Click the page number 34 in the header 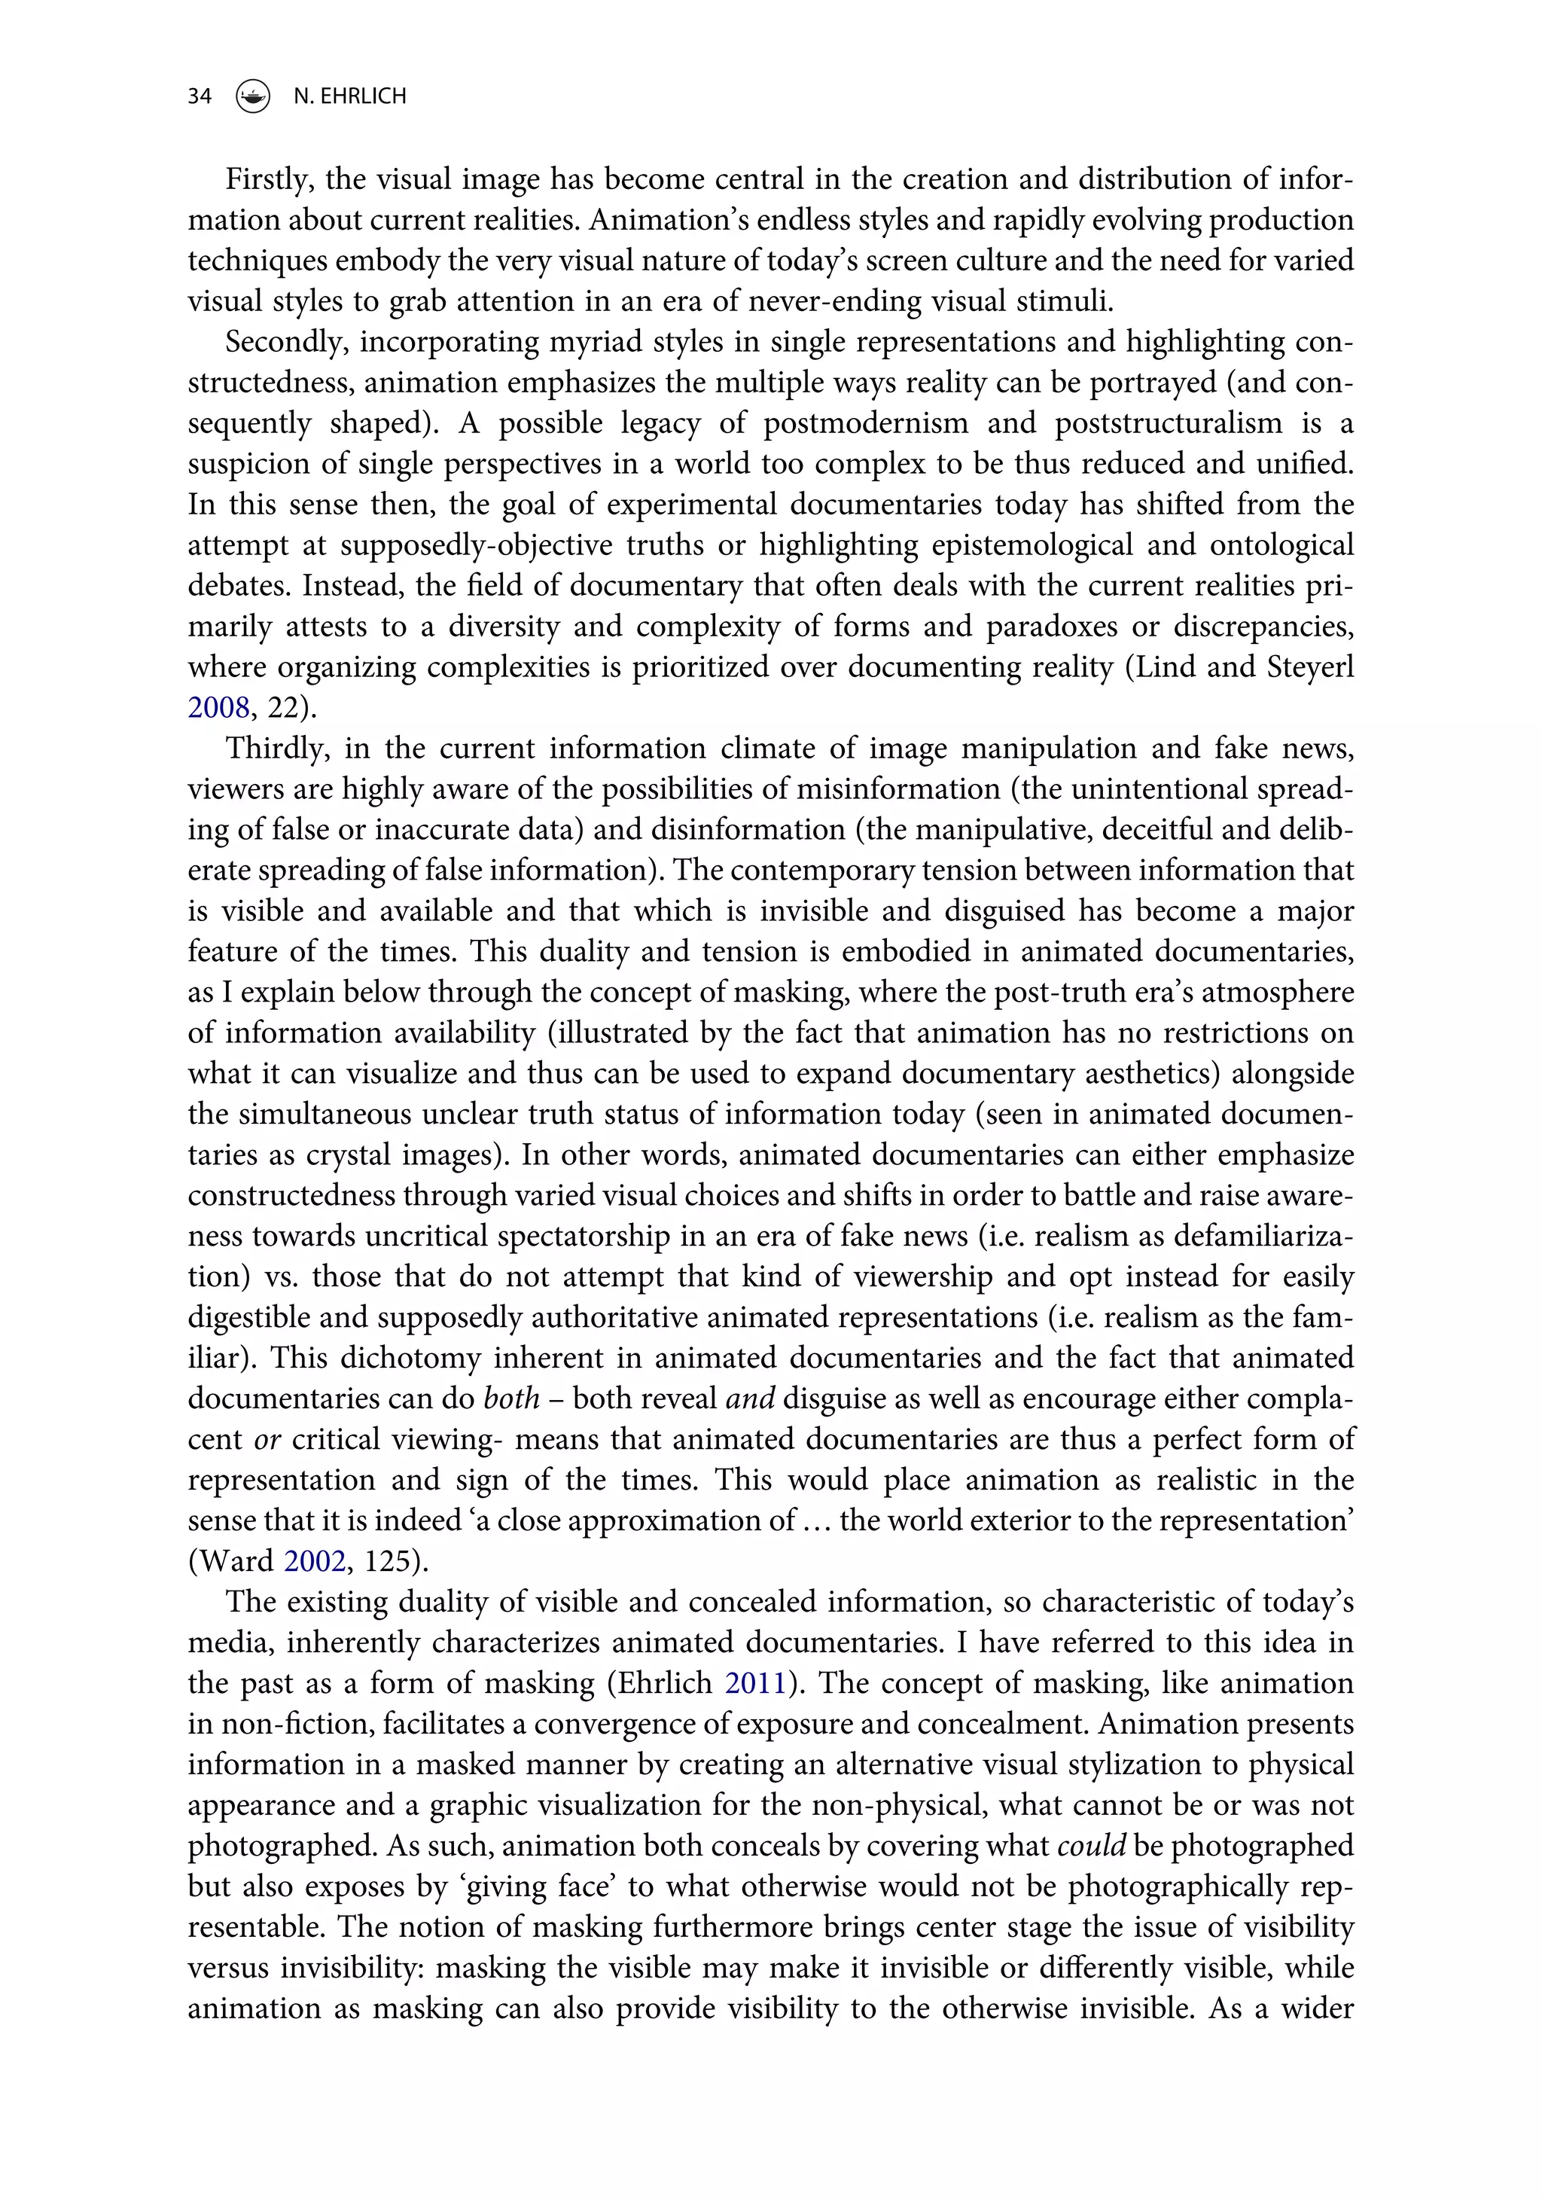pos(200,96)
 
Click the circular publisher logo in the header pos(253,96)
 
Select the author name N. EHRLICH pos(349,96)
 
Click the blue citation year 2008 pos(218,708)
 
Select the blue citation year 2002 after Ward pos(314,1561)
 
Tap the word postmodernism pos(865,423)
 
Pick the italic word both pos(511,1398)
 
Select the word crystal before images pos(348,1155)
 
